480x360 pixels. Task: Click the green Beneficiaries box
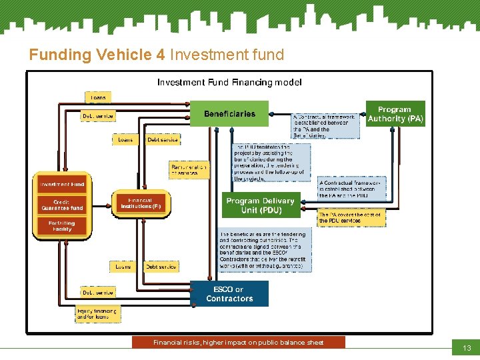point(229,113)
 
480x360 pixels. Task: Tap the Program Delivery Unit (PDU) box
point(259,205)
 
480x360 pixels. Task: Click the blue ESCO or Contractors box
point(229,294)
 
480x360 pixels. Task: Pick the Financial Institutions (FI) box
point(141,203)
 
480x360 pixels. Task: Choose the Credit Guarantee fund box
point(62,205)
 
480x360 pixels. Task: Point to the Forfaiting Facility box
point(62,226)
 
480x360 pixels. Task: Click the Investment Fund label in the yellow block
point(61,184)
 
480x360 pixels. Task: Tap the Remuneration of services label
point(189,169)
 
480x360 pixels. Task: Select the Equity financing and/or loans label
point(98,314)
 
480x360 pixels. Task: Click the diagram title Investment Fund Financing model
point(229,83)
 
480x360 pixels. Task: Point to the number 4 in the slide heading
point(161,55)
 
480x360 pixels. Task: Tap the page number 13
point(466,349)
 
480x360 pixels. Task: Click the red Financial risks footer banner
point(239,342)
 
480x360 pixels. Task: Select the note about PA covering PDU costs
point(351,217)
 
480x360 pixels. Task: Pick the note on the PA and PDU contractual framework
point(351,189)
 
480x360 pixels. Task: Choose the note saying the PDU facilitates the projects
point(271,163)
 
